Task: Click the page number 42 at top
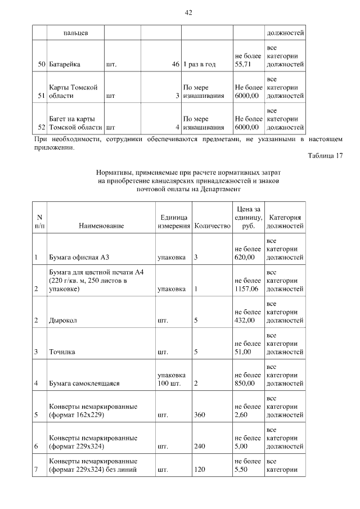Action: pyautogui.click(x=188, y=12)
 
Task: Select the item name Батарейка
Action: pyautogui.click(x=65, y=65)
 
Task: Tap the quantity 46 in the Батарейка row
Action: pyautogui.click(x=175, y=65)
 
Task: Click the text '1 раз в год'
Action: pyautogui.click(x=199, y=65)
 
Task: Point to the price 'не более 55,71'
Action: pyautogui.click(x=248, y=60)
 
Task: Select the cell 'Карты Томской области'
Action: pyautogui.click(x=73, y=92)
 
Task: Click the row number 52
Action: pyautogui.click(x=41, y=127)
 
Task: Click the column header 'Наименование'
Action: pyautogui.click(x=101, y=226)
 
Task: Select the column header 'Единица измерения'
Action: pyautogui.click(x=173, y=222)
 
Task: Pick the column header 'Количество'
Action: pyautogui.click(x=212, y=226)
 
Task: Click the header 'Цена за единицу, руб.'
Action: pyautogui.click(x=248, y=218)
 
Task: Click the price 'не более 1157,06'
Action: pyautogui.click(x=248, y=285)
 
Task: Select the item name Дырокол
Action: pyautogui.click(x=63, y=321)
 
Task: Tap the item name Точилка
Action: pyautogui.click(x=62, y=352)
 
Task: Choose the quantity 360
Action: pyautogui.click(x=200, y=415)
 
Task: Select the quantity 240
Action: pyautogui.click(x=200, y=447)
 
